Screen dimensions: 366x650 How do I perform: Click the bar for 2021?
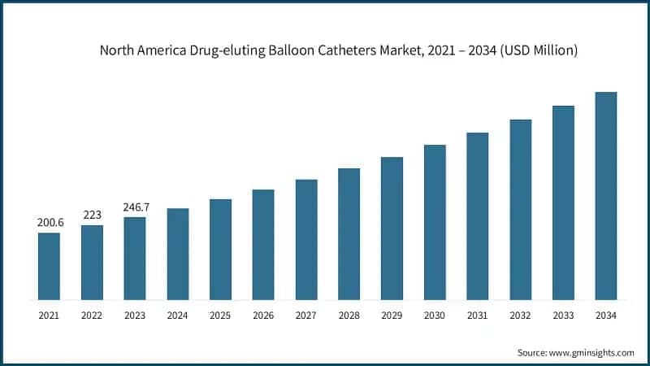(x=49, y=266)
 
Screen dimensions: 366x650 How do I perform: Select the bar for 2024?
(x=177, y=254)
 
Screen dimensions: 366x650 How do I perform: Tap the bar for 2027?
(x=306, y=239)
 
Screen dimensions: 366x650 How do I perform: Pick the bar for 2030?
(x=435, y=222)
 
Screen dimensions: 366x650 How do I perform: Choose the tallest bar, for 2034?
(x=606, y=195)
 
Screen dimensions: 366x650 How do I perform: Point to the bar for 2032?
(x=520, y=209)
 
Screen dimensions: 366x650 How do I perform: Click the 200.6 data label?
(x=49, y=222)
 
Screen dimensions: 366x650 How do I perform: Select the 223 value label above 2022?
(x=92, y=215)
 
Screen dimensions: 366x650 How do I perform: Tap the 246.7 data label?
(x=135, y=207)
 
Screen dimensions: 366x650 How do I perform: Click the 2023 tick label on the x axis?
(x=135, y=313)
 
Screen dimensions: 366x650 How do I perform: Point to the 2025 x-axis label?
(x=220, y=313)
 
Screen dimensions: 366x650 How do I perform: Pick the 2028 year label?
(x=349, y=313)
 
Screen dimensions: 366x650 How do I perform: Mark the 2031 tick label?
(x=478, y=313)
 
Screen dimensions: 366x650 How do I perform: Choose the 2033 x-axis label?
(x=563, y=313)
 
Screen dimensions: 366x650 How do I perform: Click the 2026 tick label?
(x=263, y=313)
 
